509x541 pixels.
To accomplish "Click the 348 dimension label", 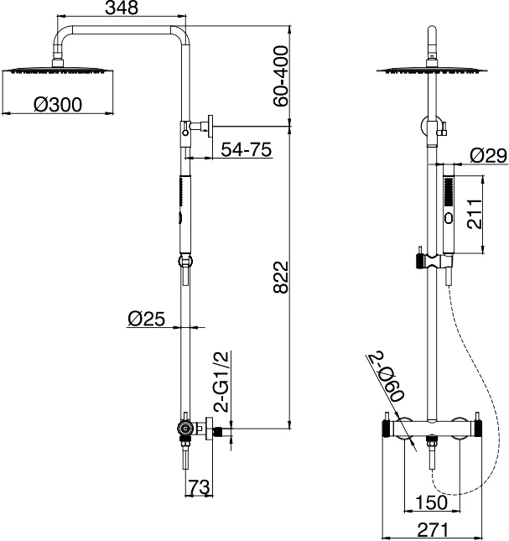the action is tap(122, 8).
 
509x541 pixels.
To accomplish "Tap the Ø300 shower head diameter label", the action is tap(58, 105).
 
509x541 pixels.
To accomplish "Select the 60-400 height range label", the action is tap(280, 76).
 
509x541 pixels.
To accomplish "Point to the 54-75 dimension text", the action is tap(247, 149).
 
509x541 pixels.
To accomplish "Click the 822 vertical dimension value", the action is tap(281, 278).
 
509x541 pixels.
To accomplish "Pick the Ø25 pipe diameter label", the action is tap(146, 319).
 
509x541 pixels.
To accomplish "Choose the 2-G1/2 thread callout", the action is tap(221, 382).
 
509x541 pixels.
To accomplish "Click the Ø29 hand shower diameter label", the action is tap(489, 156).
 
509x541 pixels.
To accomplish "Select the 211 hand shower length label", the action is tap(475, 214).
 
